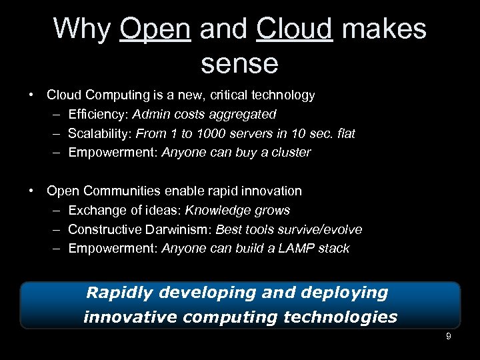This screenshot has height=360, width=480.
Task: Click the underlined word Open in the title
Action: pyautogui.click(x=155, y=29)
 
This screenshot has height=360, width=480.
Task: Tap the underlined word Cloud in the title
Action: pyautogui.click(x=294, y=29)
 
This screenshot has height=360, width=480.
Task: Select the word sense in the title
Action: pyautogui.click(x=239, y=63)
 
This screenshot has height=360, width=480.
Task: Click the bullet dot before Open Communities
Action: pyautogui.click(x=32, y=191)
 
